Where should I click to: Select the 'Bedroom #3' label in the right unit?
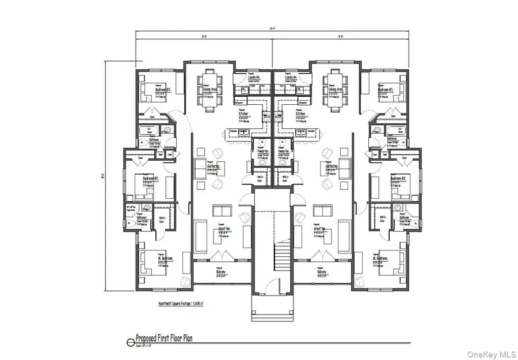tap(385, 90)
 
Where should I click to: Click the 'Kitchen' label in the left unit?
tap(244, 114)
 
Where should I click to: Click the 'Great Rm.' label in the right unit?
tap(321, 229)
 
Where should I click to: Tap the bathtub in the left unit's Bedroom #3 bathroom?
tap(143, 131)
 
